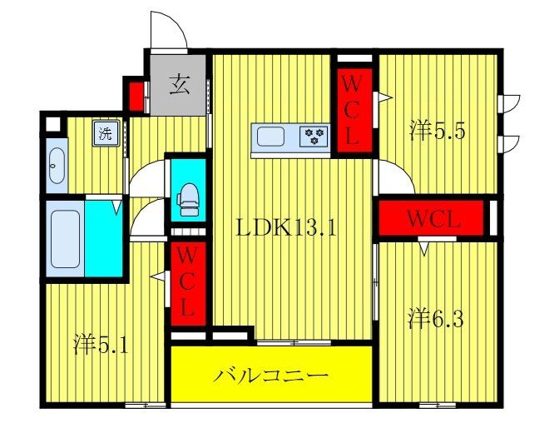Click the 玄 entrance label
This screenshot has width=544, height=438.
click(178, 83)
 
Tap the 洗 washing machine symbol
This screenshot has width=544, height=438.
click(106, 133)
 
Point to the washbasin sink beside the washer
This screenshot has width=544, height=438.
click(56, 167)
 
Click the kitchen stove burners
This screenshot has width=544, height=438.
click(314, 136)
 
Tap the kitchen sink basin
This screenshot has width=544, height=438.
click(273, 136)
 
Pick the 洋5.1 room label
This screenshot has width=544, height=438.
click(101, 342)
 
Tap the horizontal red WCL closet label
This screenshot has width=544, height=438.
click(433, 220)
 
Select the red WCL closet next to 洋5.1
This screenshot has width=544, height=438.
click(187, 283)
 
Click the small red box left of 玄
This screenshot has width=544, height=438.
click(134, 94)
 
